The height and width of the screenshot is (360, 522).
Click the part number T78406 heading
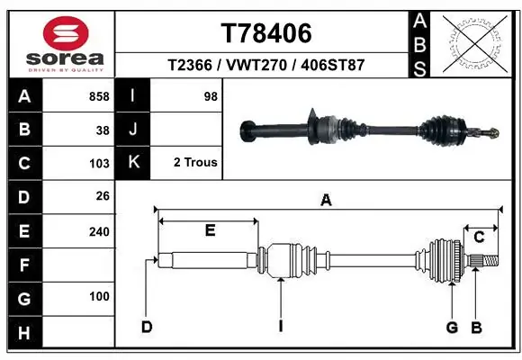point(266,33)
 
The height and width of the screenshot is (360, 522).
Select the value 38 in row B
point(102,130)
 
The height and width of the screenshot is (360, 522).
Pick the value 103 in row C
point(99,163)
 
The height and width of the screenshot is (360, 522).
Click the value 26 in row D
point(102,197)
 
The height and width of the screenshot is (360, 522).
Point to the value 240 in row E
point(99,231)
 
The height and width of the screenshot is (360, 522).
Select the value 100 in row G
point(99,296)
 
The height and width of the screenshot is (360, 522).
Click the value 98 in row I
point(211,96)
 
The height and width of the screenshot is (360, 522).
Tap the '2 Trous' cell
point(194,163)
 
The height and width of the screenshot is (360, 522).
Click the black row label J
point(133,130)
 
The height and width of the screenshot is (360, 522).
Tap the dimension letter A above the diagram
point(326,201)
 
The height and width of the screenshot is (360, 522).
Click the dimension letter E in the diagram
point(210,230)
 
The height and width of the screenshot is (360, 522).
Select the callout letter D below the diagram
point(146,327)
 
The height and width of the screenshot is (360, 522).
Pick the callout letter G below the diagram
point(452,327)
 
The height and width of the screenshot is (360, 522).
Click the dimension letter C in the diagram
point(480,237)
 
